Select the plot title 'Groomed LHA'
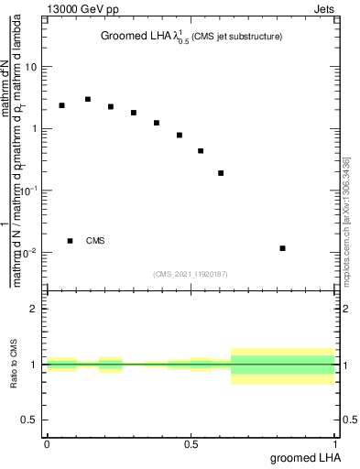(x=136, y=37)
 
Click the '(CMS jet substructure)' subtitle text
(x=236, y=37)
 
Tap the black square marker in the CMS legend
(x=70, y=241)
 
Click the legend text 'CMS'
(x=95, y=241)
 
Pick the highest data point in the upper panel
(x=88, y=99)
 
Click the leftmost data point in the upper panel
(x=61, y=105)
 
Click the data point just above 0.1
(x=221, y=173)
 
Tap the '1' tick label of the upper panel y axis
(x=36, y=128)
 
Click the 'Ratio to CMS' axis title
(x=14, y=365)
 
